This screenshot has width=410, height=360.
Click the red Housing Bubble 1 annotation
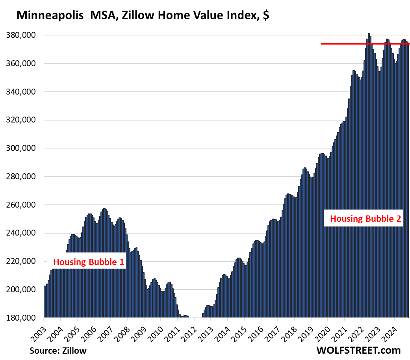(x=89, y=262)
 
